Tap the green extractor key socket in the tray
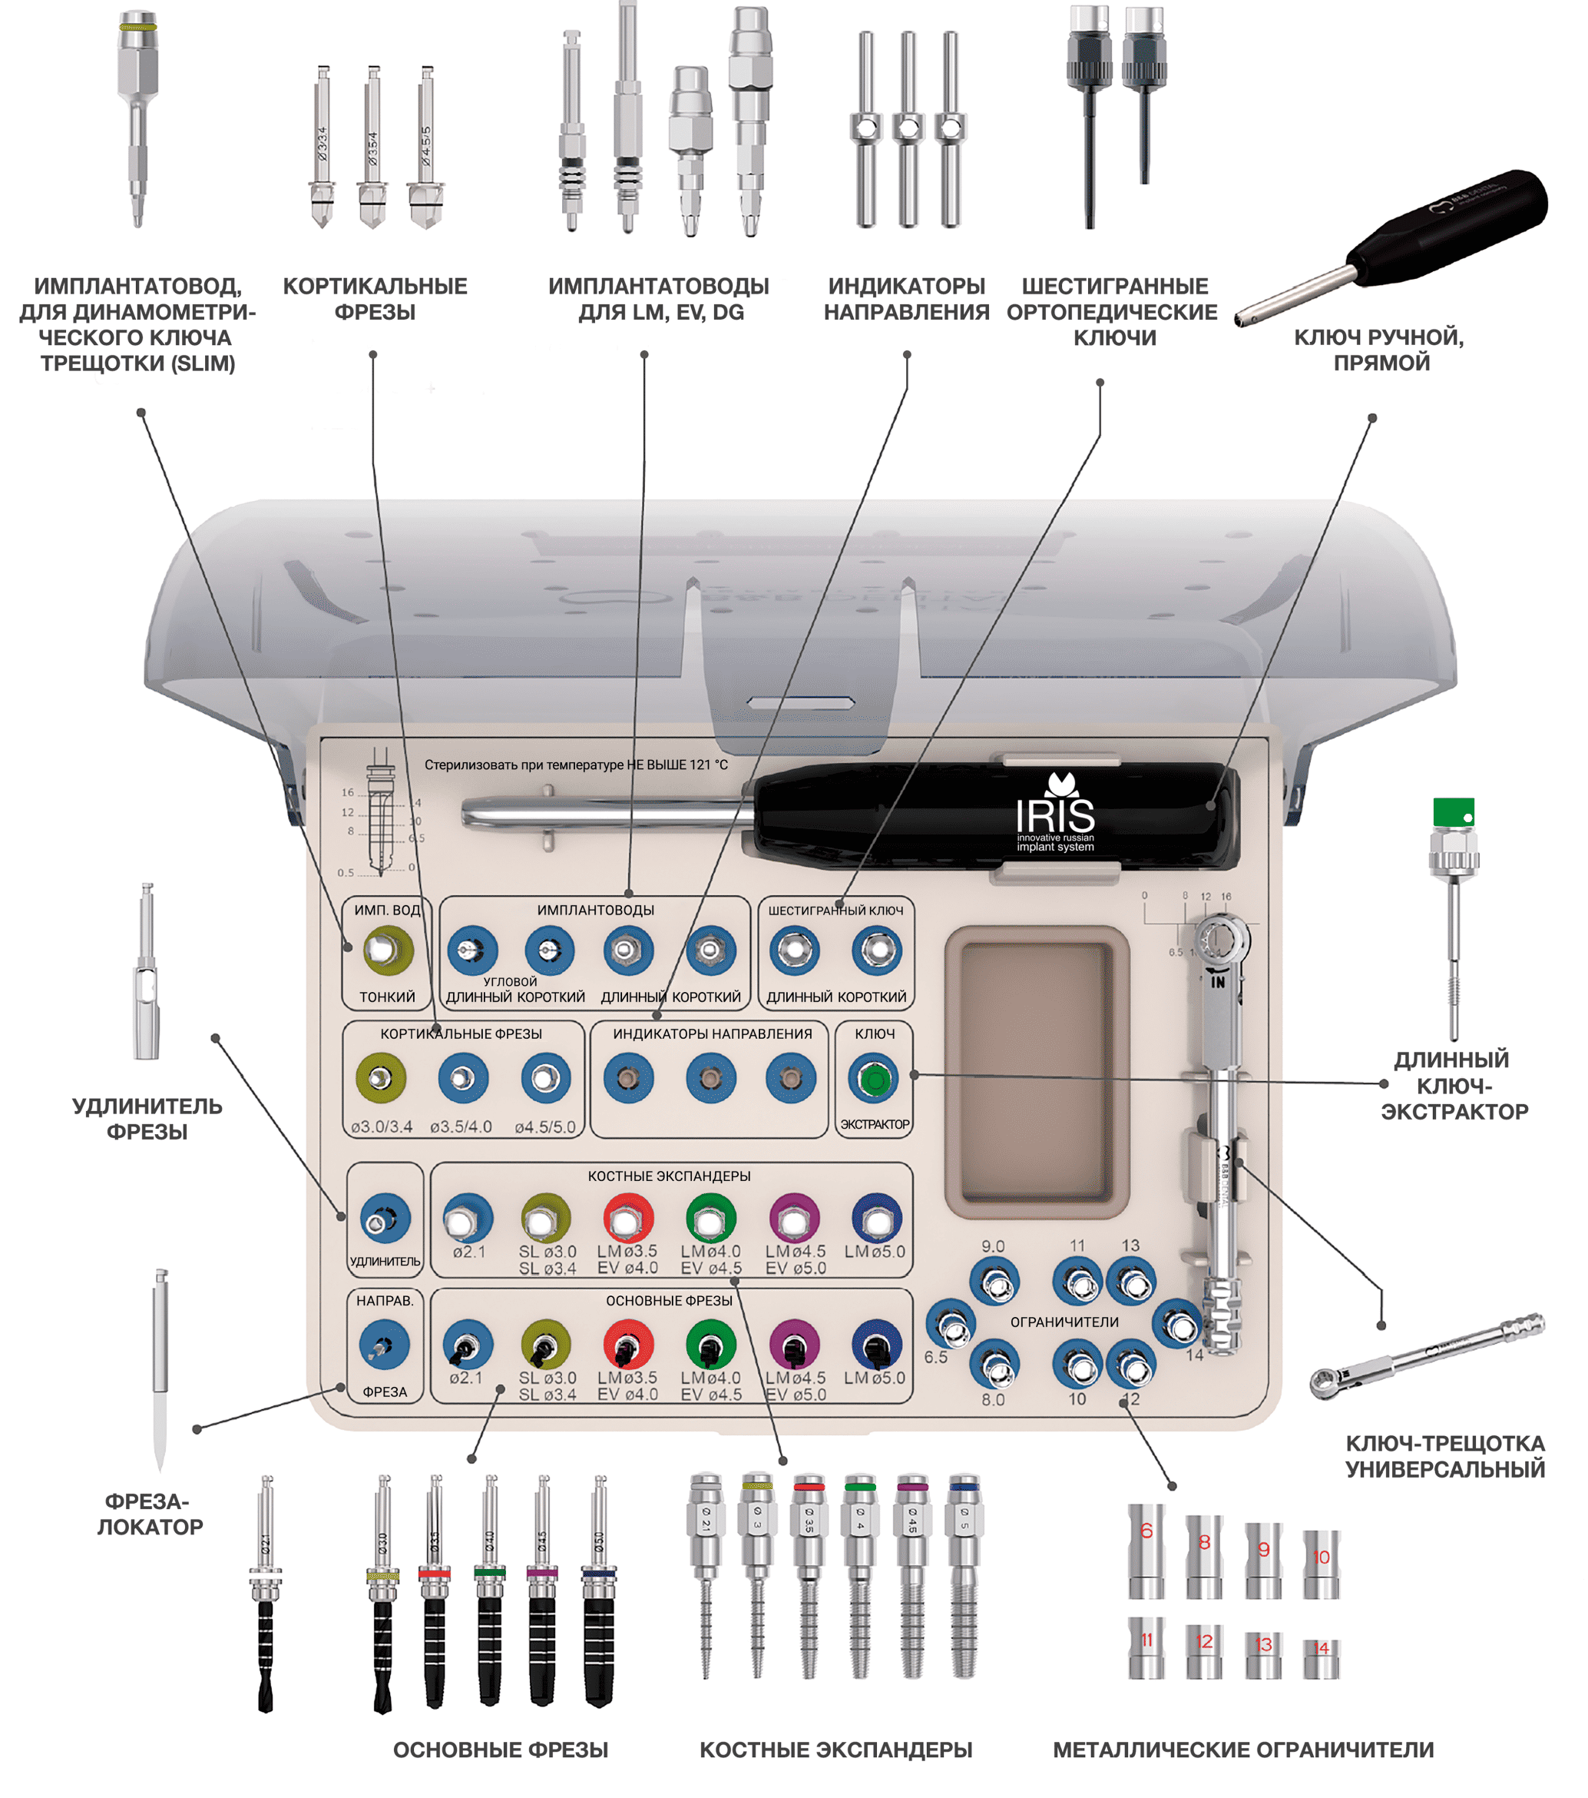pyautogui.click(x=874, y=1080)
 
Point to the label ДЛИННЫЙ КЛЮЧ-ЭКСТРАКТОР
pyautogui.click(x=1454, y=1085)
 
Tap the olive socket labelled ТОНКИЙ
pyautogui.click(x=388, y=951)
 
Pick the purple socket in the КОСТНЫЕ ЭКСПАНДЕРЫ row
pyautogui.click(x=794, y=1220)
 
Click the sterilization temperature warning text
pyautogui.click(x=576, y=765)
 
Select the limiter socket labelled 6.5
pyautogui.click(x=951, y=1324)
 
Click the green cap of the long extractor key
pyautogui.click(x=1454, y=811)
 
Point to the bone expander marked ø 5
pyautogui.click(x=964, y=1574)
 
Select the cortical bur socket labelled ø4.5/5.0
pyautogui.click(x=545, y=1080)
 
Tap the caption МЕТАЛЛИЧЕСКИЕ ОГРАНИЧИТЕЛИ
pyautogui.click(x=1243, y=1750)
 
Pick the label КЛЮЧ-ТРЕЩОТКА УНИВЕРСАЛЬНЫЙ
pyautogui.click(x=1444, y=1456)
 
